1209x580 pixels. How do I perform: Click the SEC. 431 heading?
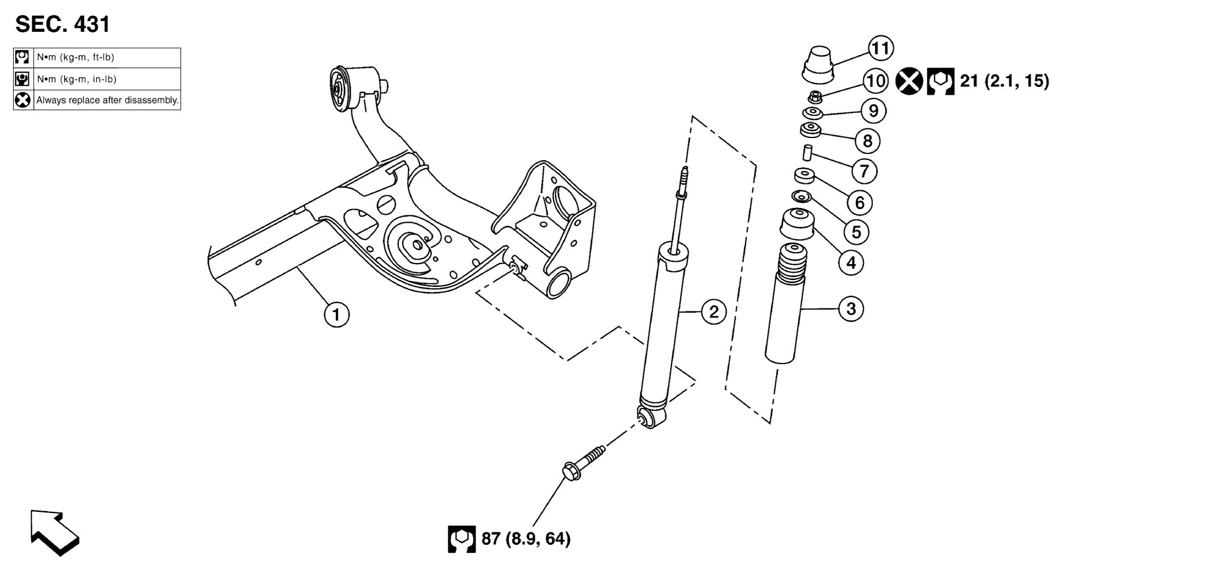62,24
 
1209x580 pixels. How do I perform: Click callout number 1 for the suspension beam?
336,314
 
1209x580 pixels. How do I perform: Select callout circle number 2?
713,311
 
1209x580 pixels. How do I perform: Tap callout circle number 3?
851,309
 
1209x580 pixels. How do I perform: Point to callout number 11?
880,48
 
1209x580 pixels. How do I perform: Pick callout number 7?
864,170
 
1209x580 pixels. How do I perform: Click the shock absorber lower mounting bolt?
583,463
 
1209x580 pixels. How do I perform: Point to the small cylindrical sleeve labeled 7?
806,153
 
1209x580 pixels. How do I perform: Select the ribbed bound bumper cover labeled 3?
785,304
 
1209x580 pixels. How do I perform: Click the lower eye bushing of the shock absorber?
650,418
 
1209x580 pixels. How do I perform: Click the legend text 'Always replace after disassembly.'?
108,101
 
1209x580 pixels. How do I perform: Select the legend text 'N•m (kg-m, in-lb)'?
77,79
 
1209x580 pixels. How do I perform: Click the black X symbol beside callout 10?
909,81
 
